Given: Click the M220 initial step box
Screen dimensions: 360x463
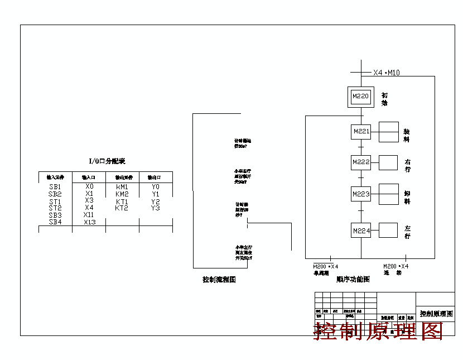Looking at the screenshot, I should (x=361, y=97).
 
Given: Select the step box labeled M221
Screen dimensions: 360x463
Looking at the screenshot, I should (x=361, y=132).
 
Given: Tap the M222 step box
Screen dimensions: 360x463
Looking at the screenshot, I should (x=361, y=162).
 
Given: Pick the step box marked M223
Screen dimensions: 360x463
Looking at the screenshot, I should (x=361, y=194).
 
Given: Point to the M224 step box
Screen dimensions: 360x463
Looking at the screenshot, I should (x=361, y=230).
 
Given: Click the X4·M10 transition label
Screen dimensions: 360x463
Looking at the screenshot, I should (x=386, y=73).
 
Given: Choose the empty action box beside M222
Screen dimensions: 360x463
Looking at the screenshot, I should (x=388, y=162).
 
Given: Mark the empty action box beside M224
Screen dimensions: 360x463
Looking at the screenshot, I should (x=388, y=230).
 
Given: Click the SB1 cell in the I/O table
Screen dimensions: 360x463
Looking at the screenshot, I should (x=55, y=187).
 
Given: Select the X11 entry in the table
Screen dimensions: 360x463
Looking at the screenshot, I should (x=89, y=214).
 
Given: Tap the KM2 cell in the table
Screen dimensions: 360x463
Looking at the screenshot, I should (x=122, y=194).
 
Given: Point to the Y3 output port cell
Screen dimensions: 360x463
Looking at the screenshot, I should (x=156, y=208).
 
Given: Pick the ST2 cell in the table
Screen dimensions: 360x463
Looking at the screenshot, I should (x=55, y=208).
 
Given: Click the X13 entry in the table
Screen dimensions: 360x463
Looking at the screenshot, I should (x=89, y=222).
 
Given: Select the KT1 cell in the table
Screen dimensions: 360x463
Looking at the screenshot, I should (x=122, y=201).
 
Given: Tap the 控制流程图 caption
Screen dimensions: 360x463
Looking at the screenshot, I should (x=219, y=280).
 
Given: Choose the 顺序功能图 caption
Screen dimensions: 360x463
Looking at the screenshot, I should (x=353, y=280).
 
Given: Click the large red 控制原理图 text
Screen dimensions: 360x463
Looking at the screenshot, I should (x=379, y=331).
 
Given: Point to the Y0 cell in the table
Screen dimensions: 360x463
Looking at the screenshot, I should (x=156, y=187).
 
